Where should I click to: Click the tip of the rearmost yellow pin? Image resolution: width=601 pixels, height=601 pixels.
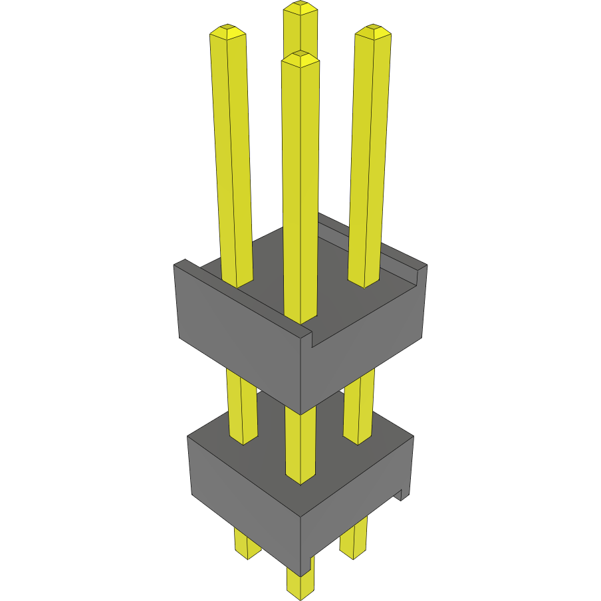[x=300, y=8]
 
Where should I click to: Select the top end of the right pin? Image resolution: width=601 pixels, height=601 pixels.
[x=372, y=31]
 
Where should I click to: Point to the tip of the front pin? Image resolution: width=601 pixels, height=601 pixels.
[x=300, y=57]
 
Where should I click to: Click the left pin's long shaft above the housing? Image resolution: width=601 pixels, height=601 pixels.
[x=233, y=153]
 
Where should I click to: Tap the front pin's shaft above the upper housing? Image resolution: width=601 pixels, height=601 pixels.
[x=300, y=186]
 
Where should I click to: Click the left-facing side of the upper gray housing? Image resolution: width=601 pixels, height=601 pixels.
[x=239, y=332]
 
